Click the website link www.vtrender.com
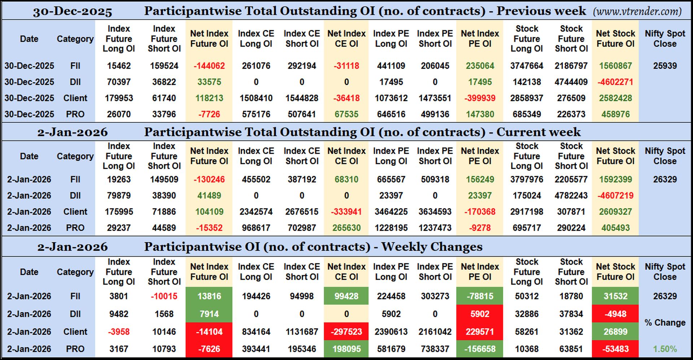click(x=637, y=12)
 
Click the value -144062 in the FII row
click(x=209, y=66)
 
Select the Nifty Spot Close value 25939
click(x=665, y=66)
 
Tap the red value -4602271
click(x=615, y=82)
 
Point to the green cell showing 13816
click(x=209, y=296)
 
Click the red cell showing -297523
click(x=346, y=331)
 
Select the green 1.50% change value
click(x=665, y=349)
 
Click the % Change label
click(x=665, y=322)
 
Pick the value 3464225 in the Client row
click(x=391, y=212)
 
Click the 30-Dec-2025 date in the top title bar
click(x=72, y=12)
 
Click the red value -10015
click(x=164, y=296)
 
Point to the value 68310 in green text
click(x=346, y=179)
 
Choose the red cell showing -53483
click(x=615, y=349)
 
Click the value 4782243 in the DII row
click(x=571, y=195)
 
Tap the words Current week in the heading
click(x=539, y=132)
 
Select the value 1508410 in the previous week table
click(x=256, y=98)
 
